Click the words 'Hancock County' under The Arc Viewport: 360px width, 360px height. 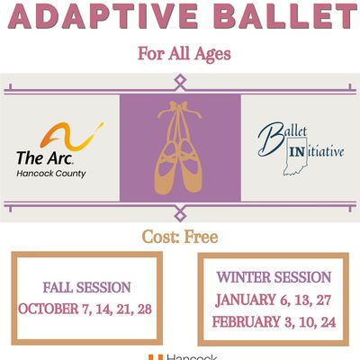click(x=51, y=173)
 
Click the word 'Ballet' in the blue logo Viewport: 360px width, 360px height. click(x=280, y=135)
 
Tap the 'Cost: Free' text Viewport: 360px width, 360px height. click(x=179, y=238)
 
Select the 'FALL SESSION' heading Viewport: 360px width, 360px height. click(x=86, y=288)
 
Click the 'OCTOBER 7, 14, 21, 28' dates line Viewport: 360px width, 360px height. click(x=86, y=309)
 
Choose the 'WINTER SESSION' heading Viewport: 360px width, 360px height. click(x=274, y=277)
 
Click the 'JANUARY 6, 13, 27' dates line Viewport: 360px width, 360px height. click(x=274, y=299)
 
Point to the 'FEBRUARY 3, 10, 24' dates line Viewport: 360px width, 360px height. click(x=274, y=320)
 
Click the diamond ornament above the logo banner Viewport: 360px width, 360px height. click(x=180, y=82)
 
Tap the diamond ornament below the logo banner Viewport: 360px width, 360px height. click(x=180, y=213)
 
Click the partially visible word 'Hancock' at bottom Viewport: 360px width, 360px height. click(x=189, y=356)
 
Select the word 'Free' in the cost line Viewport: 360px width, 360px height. click(x=201, y=238)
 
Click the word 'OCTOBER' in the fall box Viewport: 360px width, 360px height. click(x=48, y=309)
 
